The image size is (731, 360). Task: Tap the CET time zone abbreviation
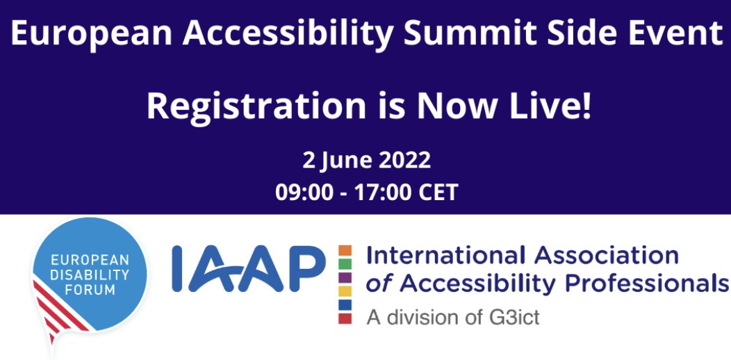[438, 192]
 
